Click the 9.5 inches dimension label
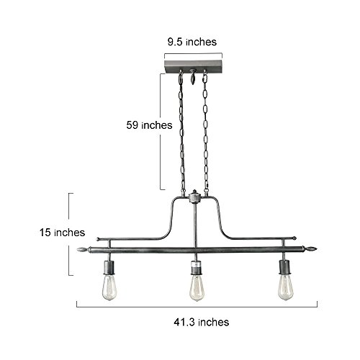coord(192,42)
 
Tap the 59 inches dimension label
coord(149,125)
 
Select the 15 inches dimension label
coord(62,233)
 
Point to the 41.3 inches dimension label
coord(202,322)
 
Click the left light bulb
coord(109,287)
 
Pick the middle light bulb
coord(197,288)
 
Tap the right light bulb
coord(286,287)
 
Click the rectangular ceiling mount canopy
coord(194,66)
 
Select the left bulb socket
coord(109,268)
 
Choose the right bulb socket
coord(285,267)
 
